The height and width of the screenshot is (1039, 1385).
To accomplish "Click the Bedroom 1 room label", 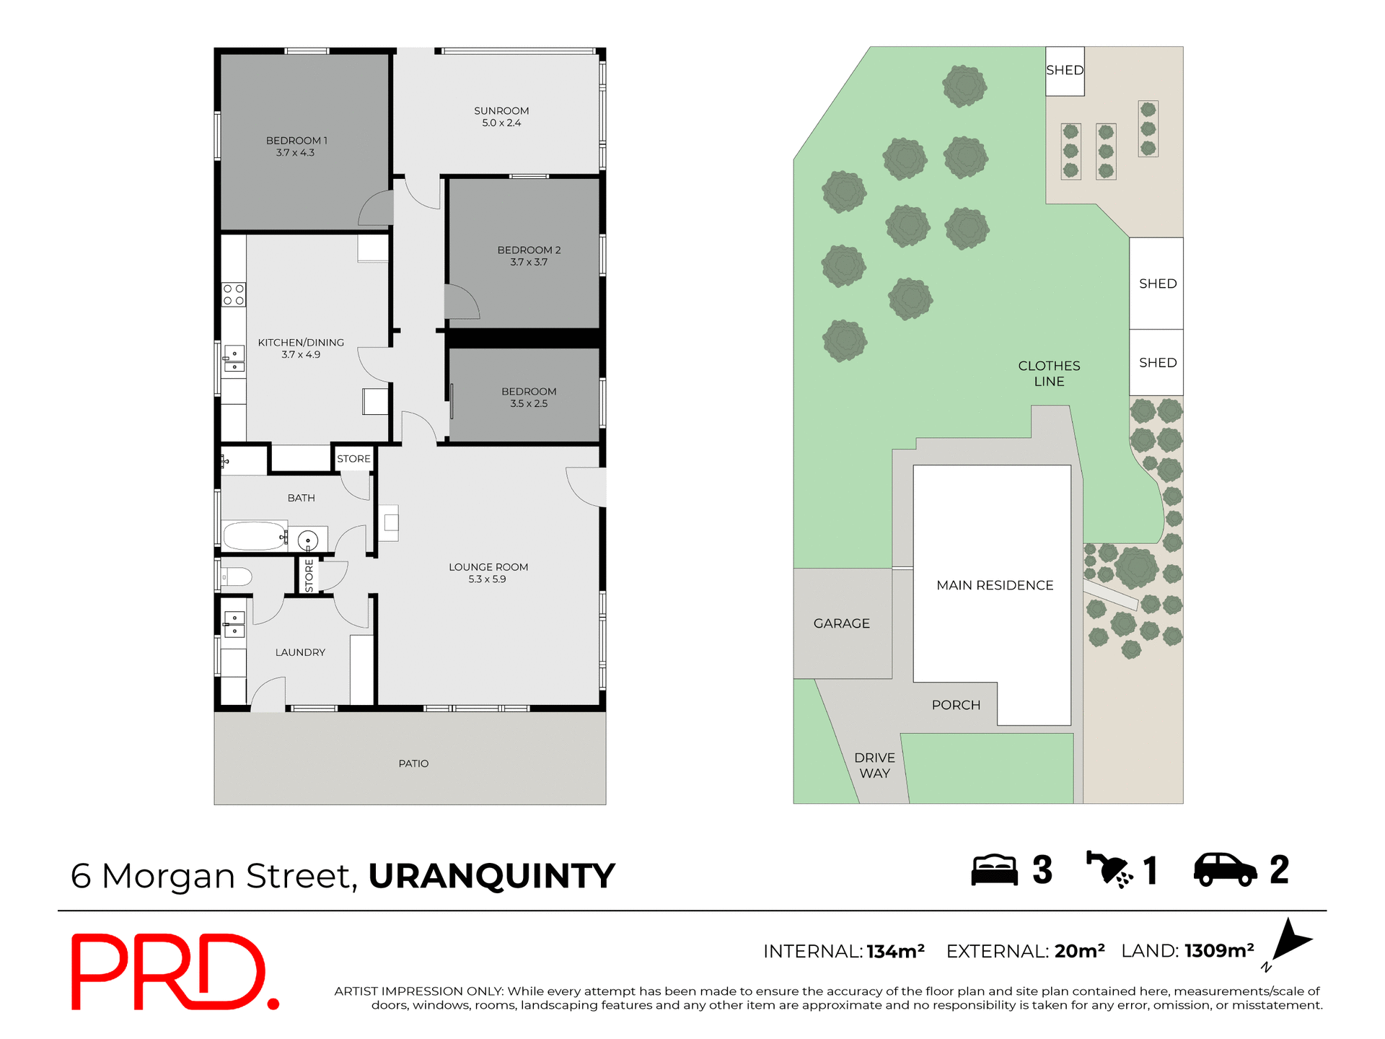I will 296,146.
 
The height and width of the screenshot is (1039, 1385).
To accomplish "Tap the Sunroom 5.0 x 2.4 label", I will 501,117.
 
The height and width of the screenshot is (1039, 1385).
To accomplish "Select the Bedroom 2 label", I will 529,256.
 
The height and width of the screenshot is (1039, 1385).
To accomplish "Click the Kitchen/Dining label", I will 301,348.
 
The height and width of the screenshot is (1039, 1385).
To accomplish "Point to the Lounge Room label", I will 488,573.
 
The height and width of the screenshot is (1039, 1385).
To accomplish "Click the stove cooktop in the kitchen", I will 234,294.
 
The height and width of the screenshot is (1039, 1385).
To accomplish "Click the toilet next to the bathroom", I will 236,577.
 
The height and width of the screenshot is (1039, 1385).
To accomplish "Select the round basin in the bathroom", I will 308,540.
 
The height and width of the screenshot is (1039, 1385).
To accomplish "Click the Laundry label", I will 300,652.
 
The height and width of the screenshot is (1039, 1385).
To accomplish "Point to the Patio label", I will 413,763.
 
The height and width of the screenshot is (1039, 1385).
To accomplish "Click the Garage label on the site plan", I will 842,623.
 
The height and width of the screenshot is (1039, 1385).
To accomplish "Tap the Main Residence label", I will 995,585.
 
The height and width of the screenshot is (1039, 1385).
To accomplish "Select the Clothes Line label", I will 1049,374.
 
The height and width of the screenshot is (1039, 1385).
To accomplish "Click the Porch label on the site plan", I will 956,705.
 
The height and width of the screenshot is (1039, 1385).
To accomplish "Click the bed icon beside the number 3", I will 994,870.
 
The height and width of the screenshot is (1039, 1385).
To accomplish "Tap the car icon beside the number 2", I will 1225,869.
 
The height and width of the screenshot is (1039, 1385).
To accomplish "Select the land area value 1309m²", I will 1218,951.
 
